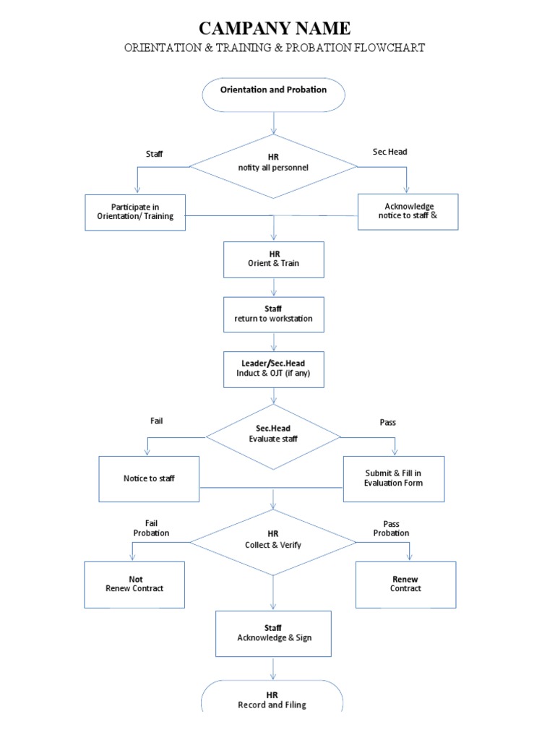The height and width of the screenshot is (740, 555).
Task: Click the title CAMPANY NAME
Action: [274, 29]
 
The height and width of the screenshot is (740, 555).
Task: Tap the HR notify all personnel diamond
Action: [273, 166]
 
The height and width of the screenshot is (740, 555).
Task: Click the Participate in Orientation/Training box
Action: [135, 212]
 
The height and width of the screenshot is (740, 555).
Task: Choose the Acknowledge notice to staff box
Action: [408, 212]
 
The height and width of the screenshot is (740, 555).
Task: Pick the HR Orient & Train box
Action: [274, 259]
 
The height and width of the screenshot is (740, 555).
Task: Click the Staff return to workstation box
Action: [274, 314]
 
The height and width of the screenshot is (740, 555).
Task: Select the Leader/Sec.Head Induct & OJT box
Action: [274, 369]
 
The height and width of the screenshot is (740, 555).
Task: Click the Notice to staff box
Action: [149, 478]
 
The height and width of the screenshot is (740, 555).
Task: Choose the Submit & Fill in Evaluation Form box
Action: [394, 478]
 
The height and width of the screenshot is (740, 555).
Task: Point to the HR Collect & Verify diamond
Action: [273, 542]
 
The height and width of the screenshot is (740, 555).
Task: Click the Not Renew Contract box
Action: [135, 585]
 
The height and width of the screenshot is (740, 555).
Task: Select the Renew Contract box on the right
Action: [405, 585]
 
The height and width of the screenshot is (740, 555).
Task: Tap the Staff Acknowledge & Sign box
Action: [274, 633]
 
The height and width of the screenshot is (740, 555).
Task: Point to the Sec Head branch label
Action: [390, 152]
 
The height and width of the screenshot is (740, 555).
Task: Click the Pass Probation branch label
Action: [391, 528]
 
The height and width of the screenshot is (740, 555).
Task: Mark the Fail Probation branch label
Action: [151, 528]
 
